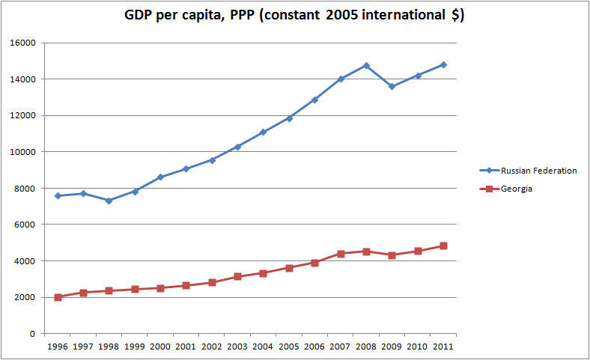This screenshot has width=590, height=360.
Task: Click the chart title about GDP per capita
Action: (294, 16)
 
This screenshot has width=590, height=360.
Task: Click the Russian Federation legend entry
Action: (538, 171)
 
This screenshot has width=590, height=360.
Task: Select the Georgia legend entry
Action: (517, 189)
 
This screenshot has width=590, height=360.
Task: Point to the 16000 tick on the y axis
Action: (25, 43)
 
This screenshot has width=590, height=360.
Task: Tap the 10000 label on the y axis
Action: (25, 152)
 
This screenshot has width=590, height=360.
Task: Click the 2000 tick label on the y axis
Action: (27, 298)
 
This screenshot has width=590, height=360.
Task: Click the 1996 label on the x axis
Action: (58, 347)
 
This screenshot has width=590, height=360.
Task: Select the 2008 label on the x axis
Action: (366, 347)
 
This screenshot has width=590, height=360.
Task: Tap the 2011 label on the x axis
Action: (443, 347)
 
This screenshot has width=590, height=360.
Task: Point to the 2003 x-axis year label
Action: (237, 347)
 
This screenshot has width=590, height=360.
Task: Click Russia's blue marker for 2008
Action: (366, 66)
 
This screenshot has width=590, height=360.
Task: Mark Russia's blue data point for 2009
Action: (392, 87)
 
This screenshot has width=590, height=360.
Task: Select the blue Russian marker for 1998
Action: (109, 201)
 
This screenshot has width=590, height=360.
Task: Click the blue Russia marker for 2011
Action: (443, 65)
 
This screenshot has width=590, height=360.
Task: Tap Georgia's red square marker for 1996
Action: (58, 297)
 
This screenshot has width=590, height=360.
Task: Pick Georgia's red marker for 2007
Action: (341, 254)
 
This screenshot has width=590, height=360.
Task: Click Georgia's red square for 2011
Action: (443, 245)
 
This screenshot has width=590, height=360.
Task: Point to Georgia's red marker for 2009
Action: (392, 255)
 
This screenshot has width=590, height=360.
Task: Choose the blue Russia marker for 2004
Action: (264, 132)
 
